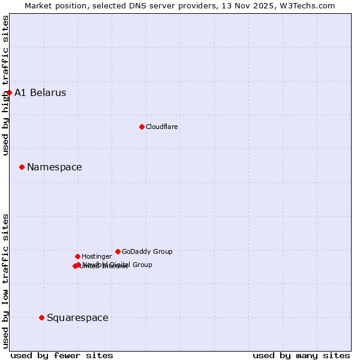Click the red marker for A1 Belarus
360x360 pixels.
[x=9, y=92]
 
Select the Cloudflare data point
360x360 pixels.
[x=142, y=127]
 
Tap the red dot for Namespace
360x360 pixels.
[x=22, y=167]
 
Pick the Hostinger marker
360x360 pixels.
[x=77, y=256]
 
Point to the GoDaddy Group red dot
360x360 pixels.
[x=118, y=251]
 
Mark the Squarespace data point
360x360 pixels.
[x=41, y=317]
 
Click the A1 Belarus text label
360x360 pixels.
[x=40, y=92]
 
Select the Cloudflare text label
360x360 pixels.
[x=161, y=127]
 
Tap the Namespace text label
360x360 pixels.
[x=54, y=167]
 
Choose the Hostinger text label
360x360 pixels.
[x=97, y=256]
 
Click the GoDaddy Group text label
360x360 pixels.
[x=147, y=251]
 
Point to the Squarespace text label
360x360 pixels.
[x=77, y=317]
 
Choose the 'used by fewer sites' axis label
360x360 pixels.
[x=62, y=355]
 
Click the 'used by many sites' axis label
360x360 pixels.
[x=301, y=355]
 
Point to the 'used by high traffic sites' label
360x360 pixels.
[x=5, y=85]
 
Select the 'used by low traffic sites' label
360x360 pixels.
[x=5, y=280]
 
